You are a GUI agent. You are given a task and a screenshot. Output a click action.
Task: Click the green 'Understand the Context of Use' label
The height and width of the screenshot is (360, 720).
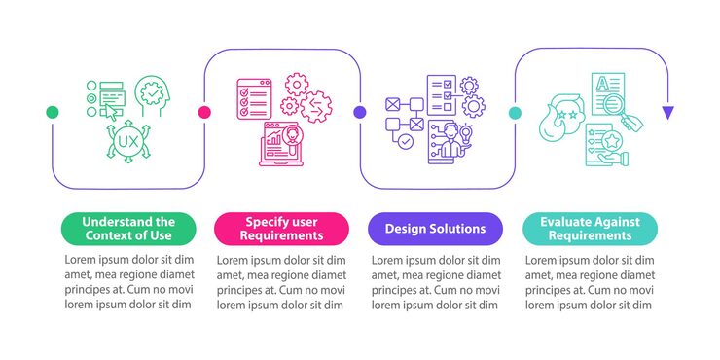(x=128, y=229)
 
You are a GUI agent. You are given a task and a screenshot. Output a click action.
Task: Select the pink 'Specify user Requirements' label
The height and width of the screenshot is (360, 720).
(x=282, y=229)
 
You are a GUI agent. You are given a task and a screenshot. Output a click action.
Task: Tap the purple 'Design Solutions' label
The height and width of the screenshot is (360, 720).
(x=435, y=229)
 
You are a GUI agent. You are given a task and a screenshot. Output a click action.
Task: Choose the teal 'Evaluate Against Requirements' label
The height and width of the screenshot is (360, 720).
(x=590, y=229)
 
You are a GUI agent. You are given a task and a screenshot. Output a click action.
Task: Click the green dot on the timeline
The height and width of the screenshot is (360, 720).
(x=53, y=112)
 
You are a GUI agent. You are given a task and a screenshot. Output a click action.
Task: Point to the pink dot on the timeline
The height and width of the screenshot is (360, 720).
(x=205, y=112)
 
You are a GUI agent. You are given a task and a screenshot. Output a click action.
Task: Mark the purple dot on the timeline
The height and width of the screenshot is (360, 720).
(x=359, y=112)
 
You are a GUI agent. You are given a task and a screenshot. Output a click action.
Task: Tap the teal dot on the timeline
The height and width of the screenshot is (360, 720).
(x=514, y=112)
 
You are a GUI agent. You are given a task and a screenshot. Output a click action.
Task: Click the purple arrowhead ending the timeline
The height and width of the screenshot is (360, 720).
(x=667, y=113)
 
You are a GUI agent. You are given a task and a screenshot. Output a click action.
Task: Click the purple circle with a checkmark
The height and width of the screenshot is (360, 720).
(x=406, y=142)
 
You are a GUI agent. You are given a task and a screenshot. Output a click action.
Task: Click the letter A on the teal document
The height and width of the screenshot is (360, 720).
(x=600, y=85)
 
